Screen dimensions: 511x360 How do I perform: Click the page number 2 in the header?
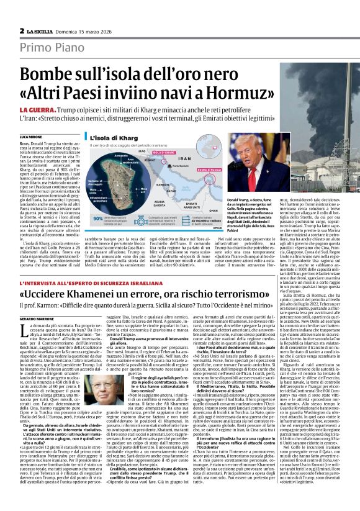tap(22, 30)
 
